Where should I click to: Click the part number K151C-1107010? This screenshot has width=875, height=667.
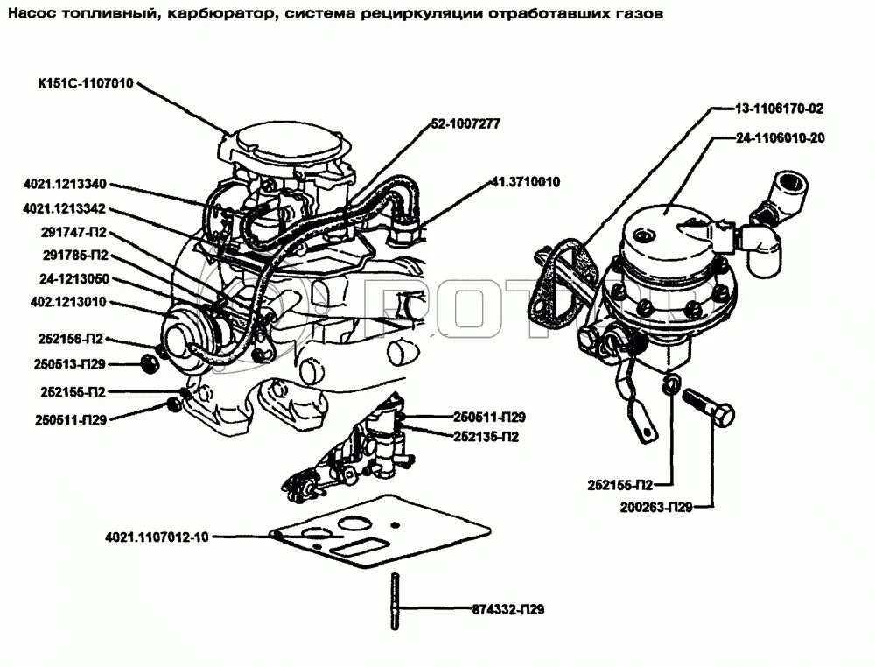click(x=84, y=84)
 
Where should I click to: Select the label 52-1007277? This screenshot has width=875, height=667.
click(x=465, y=123)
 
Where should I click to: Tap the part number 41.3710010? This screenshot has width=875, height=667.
click(x=525, y=182)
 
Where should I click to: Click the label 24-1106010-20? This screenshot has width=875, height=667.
click(x=780, y=138)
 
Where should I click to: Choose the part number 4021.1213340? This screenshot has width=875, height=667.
click(x=65, y=184)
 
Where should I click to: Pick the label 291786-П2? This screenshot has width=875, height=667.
click(x=74, y=256)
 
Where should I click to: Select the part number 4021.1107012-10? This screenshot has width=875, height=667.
click(x=157, y=537)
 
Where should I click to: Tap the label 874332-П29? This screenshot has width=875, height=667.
click(x=502, y=610)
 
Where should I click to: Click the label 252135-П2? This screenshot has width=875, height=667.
click(x=486, y=436)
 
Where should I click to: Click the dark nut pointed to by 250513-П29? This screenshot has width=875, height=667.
click(x=150, y=363)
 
